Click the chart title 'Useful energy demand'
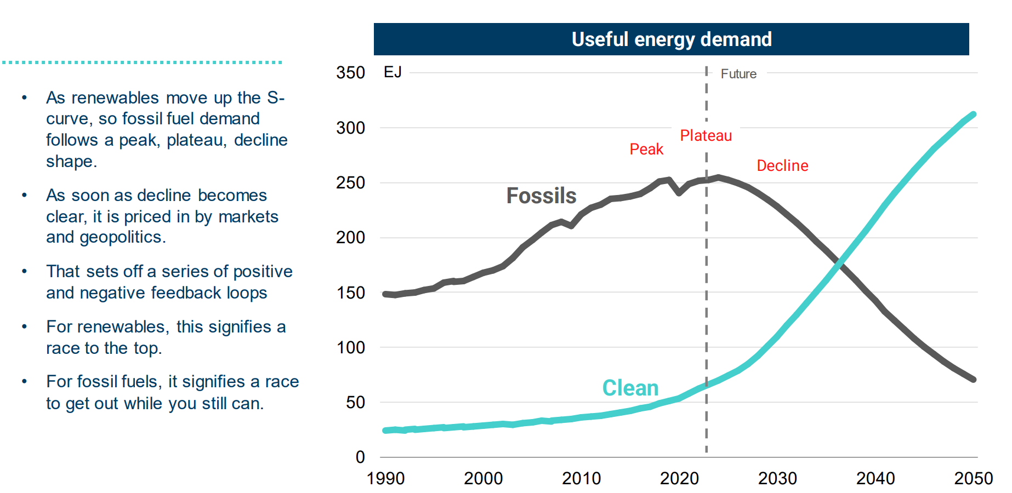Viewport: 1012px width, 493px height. point(672,39)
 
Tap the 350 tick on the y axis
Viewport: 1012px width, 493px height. point(350,73)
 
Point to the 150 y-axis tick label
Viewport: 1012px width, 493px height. point(350,293)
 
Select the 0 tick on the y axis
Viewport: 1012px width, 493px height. point(360,457)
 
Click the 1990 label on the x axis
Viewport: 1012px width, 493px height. point(385,479)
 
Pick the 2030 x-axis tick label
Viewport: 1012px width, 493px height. point(777,479)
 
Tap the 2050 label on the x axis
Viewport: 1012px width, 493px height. point(973,479)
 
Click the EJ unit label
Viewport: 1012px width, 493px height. point(393,72)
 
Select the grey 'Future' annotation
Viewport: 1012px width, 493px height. point(738,74)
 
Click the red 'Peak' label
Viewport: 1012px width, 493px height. point(646,149)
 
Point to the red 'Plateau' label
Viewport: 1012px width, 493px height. point(706,135)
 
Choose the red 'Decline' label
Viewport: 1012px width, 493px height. point(782,165)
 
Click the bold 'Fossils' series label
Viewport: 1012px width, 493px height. point(541,196)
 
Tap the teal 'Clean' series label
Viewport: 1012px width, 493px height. point(630,388)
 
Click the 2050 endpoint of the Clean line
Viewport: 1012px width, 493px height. point(974,114)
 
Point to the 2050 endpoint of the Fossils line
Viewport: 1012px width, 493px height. point(974,379)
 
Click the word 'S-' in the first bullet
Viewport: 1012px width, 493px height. point(276,98)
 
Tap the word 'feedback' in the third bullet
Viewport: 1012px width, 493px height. point(178,293)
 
